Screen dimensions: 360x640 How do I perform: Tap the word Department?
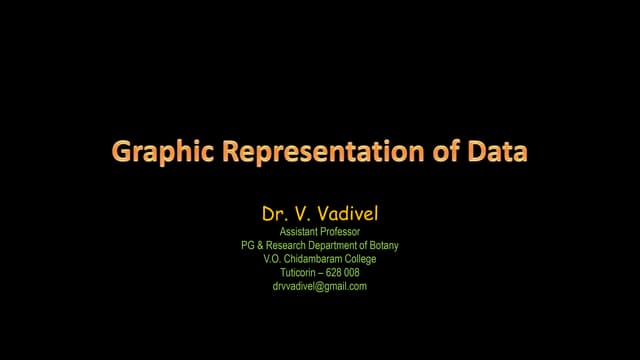(x=338, y=245)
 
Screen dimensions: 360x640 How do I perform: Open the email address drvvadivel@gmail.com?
(x=320, y=286)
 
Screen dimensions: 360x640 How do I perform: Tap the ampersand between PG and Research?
(x=263, y=245)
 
